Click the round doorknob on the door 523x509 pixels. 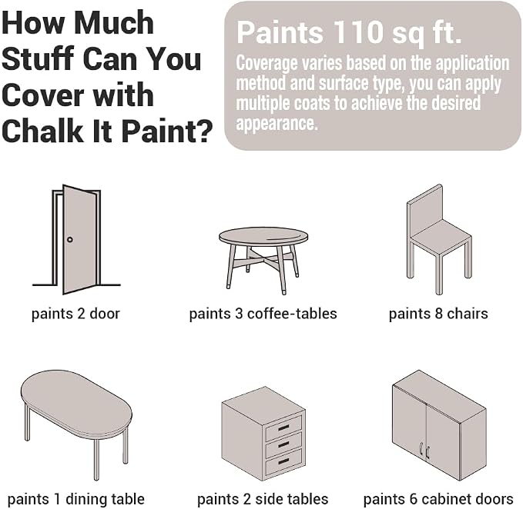70,239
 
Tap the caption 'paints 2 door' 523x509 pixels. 75,314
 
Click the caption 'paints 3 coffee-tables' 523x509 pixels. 263,314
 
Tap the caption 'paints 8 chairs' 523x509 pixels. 438,314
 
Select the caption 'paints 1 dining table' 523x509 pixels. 76,499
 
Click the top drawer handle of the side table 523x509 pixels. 283,427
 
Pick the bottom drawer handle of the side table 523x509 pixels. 283,461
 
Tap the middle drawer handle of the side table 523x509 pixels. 283,444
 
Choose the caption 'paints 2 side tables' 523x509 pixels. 263,499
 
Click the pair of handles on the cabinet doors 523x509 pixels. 424,451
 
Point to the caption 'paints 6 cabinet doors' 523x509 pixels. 438,499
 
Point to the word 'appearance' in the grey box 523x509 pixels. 276,124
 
